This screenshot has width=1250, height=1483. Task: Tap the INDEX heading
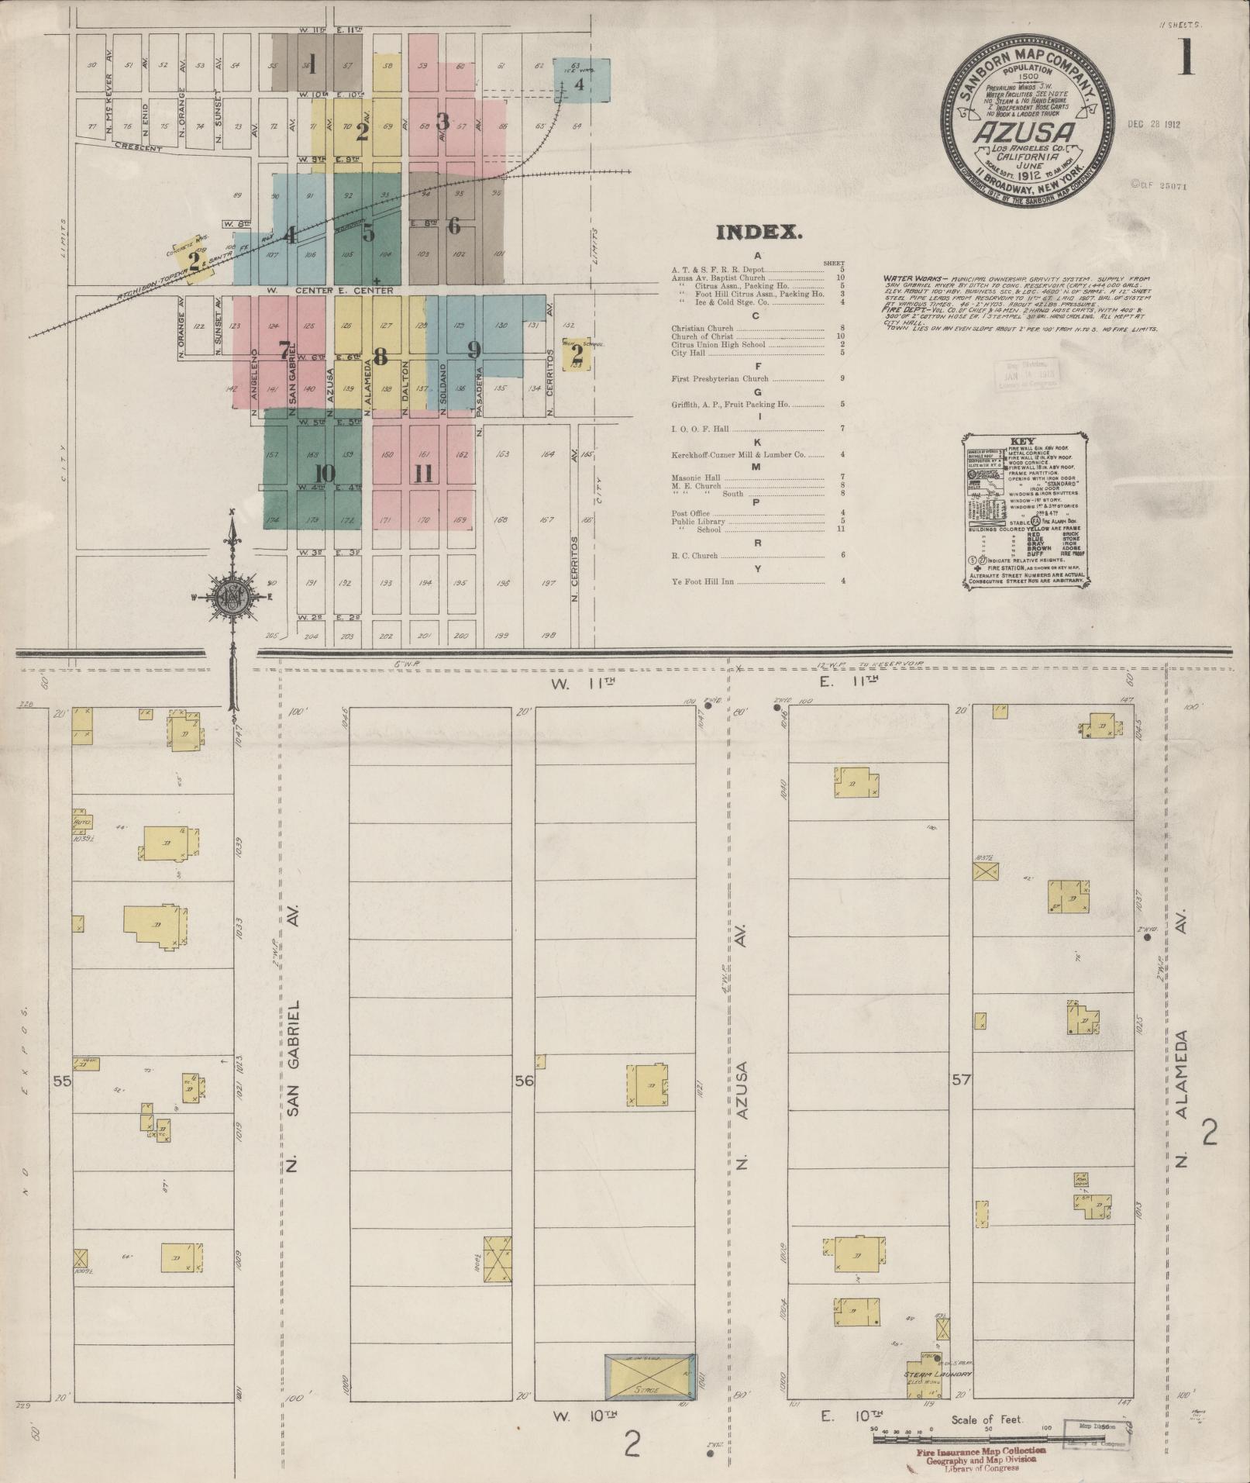758,233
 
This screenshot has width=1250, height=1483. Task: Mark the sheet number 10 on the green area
325,473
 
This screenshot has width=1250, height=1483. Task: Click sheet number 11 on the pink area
422,473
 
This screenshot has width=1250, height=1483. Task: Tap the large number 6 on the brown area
454,226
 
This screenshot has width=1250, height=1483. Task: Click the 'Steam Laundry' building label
937,1374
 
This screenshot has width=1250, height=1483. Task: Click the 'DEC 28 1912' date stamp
1154,124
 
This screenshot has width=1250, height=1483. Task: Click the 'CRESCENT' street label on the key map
137,147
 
